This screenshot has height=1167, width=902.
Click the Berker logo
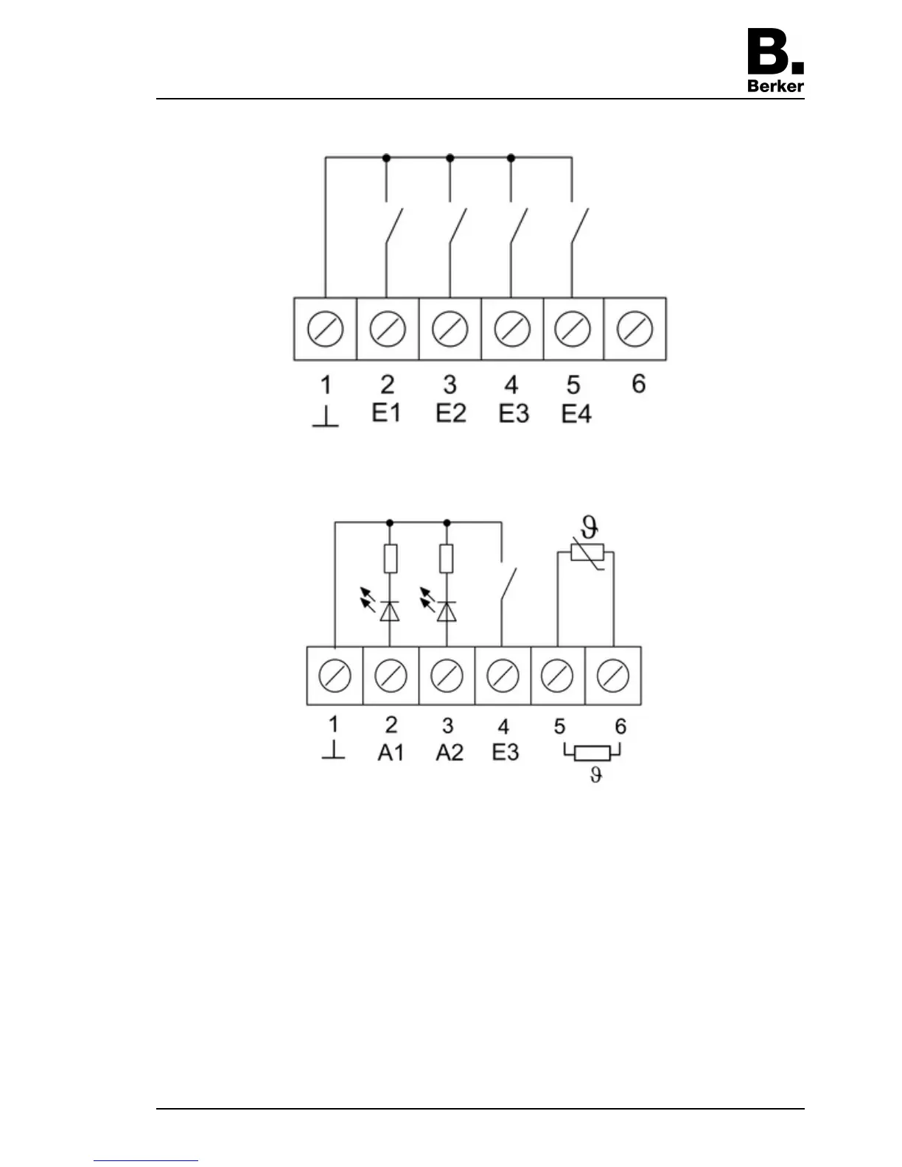coord(775,60)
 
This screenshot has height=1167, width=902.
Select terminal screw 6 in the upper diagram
coord(634,329)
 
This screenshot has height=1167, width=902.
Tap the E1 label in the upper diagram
coord(386,413)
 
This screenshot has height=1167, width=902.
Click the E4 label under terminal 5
coord(576,414)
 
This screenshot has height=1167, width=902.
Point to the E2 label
coord(450,413)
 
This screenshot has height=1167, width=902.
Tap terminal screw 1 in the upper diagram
coord(325,329)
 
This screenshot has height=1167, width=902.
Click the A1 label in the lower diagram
coord(391,752)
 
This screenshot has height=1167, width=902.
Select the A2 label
coord(449,752)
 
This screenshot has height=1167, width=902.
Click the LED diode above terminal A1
coord(389,611)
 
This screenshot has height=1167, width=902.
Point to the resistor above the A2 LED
coord(446,558)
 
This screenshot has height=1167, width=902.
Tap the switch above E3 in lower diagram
coord(508,585)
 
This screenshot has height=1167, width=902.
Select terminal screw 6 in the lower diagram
coord(613,676)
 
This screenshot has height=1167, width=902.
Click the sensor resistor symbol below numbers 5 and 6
coord(592,753)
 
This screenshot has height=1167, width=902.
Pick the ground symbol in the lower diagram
coord(333,751)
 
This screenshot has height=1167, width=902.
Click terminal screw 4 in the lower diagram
coord(503,676)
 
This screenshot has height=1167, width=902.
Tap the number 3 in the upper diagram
coord(450,385)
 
